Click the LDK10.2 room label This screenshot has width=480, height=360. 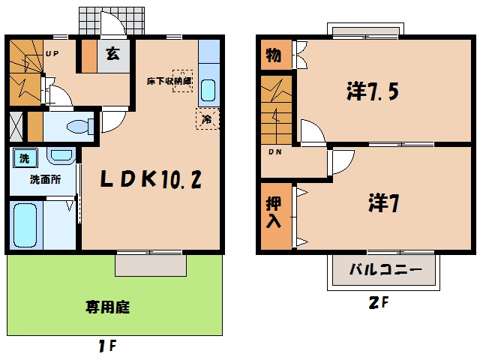pyautogui.click(x=151, y=179)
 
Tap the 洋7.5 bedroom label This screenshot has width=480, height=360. pyautogui.click(x=373, y=91)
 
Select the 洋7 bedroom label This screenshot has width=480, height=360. pyautogui.click(x=383, y=203)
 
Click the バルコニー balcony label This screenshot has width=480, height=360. pyautogui.click(x=385, y=269)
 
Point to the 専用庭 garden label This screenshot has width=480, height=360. pyautogui.click(x=107, y=307)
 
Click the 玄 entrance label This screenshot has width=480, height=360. pyautogui.click(x=112, y=54)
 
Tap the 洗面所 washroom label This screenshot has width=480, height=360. pyautogui.click(x=45, y=179)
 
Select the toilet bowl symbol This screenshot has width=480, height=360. pyautogui.click(x=80, y=127)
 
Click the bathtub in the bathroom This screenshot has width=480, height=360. pyautogui.click(x=25, y=225)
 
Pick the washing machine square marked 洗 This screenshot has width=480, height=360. pyautogui.click(x=25, y=158)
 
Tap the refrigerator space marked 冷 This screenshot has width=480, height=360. pyautogui.click(x=208, y=118)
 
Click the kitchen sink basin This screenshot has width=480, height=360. pyautogui.click(x=208, y=91)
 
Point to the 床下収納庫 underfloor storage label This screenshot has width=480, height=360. pyautogui.click(x=169, y=82)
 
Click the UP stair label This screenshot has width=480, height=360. pyautogui.click(x=52, y=54)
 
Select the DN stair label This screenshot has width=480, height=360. pyautogui.click(x=275, y=151)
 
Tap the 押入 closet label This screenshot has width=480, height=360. pyautogui.click(x=273, y=212)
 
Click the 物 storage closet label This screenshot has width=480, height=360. pyautogui.click(x=273, y=55)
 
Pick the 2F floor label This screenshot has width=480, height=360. pyautogui.click(x=379, y=303)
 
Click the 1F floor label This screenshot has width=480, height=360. pyautogui.click(x=107, y=346)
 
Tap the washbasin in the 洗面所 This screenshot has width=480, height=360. pyautogui.click(x=61, y=155)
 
